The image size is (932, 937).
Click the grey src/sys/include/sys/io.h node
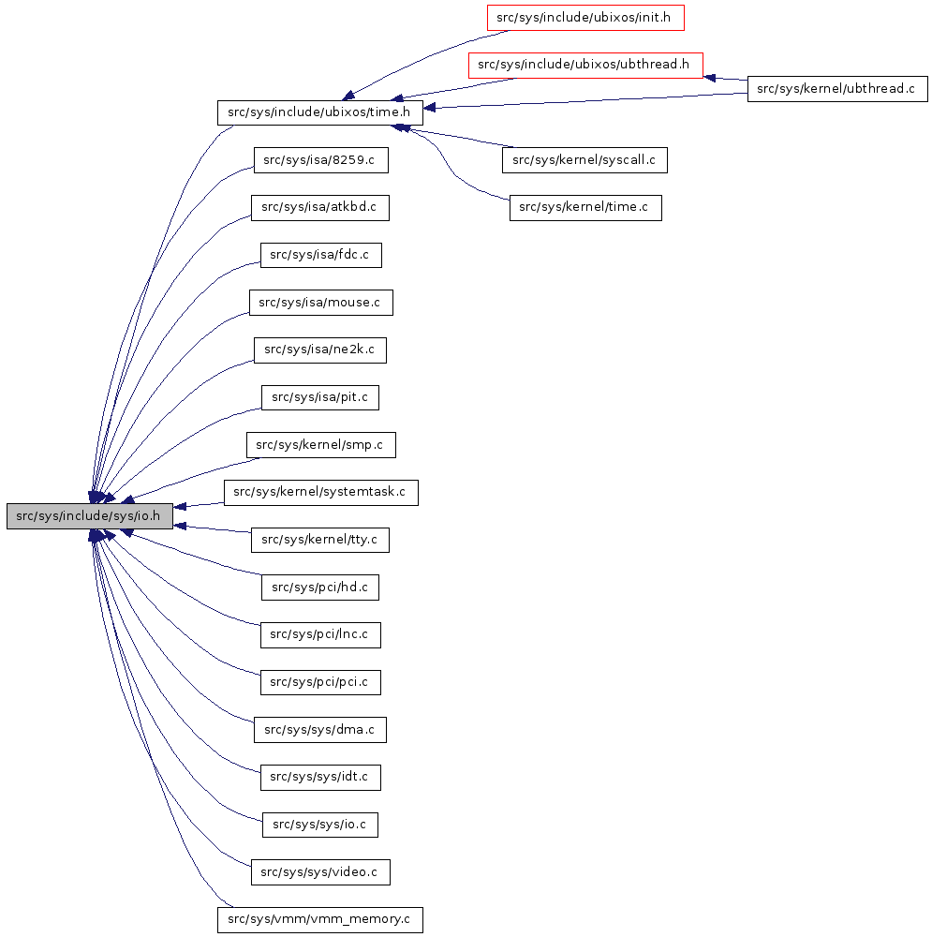pyautogui.click(x=90, y=516)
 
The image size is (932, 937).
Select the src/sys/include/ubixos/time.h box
pyautogui.click(x=320, y=112)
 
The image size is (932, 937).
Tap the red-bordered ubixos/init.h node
pyautogui.click(x=584, y=17)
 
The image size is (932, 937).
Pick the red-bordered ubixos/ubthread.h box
pyautogui.click(x=585, y=65)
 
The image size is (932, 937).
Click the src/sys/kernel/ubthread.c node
pyautogui.click(x=836, y=89)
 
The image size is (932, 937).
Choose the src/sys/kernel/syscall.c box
pyautogui.click(x=584, y=160)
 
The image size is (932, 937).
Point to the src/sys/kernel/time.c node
pyautogui.click(x=585, y=208)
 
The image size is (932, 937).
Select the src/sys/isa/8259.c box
pyautogui.click(x=320, y=160)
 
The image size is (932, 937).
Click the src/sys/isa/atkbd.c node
pyautogui.click(x=320, y=208)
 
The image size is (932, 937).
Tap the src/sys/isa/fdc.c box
pyautogui.click(x=320, y=255)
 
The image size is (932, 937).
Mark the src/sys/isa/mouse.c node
pyautogui.click(x=320, y=303)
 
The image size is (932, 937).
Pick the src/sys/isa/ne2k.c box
pyautogui.click(x=320, y=350)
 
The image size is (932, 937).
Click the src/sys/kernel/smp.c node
pyautogui.click(x=320, y=445)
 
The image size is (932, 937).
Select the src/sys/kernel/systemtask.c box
pyautogui.click(x=320, y=493)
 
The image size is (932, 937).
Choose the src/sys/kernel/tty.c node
pyautogui.click(x=320, y=540)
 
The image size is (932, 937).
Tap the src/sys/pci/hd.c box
pyautogui.click(x=320, y=587)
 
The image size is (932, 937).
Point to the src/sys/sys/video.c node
pyautogui.click(x=320, y=872)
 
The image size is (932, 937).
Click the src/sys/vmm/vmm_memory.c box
pyautogui.click(x=320, y=919)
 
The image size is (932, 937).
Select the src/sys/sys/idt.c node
pyautogui.click(x=320, y=777)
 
